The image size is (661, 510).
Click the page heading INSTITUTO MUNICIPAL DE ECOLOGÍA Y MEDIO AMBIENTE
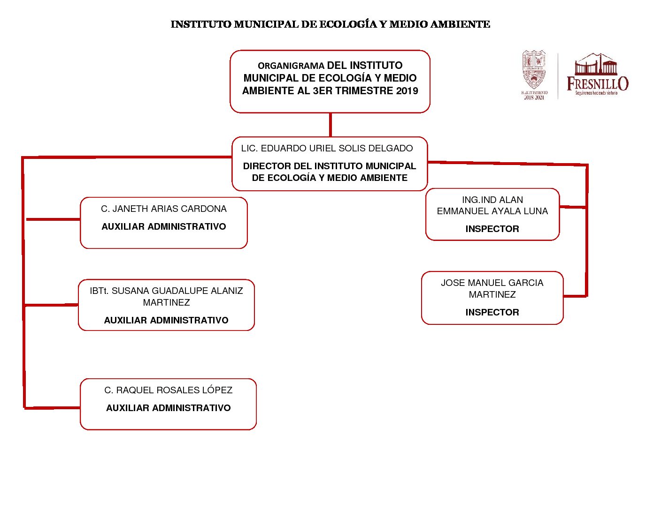pos(330,24)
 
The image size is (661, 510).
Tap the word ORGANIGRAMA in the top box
pos(291,66)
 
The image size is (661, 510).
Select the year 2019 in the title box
pos(407,91)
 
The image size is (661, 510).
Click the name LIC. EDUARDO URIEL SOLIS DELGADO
pos(327,149)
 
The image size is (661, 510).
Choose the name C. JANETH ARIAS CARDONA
pos(164,209)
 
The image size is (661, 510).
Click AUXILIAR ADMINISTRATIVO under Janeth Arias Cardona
pos(164,227)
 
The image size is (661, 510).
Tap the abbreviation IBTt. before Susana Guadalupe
pos(99,291)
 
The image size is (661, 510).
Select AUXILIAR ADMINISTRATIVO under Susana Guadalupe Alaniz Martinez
pos(166,321)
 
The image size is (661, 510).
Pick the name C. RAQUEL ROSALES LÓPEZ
pos(168,390)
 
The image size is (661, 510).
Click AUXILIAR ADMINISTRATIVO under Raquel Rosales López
pos(168,408)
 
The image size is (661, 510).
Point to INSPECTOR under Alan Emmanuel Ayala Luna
pos(492,229)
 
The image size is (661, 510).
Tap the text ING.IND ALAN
pos(492,200)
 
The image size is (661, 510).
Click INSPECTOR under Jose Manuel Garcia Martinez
pos(492,313)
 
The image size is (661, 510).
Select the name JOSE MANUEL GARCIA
pos(492,283)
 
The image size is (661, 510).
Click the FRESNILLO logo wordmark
pos(597,83)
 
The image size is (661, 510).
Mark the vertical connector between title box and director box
pos(330,125)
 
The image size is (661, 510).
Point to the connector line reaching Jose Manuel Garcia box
pos(575,296)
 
